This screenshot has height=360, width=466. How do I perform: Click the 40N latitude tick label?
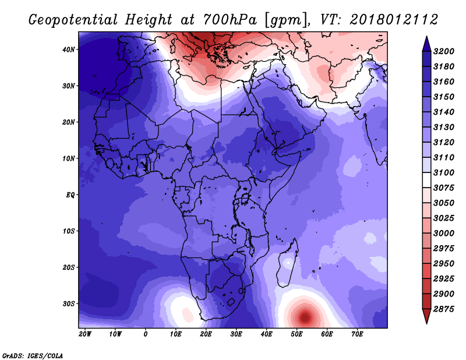click(x=68, y=50)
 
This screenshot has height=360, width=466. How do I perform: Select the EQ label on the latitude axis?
click(x=70, y=195)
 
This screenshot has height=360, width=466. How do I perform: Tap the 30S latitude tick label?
click(x=68, y=304)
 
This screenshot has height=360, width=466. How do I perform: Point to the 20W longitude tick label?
click(x=85, y=334)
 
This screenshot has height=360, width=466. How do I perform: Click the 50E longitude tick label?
click(x=296, y=334)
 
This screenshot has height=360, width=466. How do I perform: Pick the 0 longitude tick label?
click(x=145, y=334)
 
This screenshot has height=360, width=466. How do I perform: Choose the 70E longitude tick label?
click(x=357, y=334)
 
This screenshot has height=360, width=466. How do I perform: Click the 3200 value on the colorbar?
click(x=444, y=51)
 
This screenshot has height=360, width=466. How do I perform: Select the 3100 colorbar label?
click(x=444, y=172)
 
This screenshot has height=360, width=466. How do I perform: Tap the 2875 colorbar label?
click(x=444, y=309)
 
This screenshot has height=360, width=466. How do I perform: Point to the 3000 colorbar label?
click(x=444, y=233)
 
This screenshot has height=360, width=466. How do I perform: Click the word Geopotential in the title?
click(x=73, y=20)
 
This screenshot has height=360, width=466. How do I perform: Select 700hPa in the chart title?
click(x=230, y=20)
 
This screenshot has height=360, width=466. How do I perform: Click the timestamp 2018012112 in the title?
click(x=394, y=19)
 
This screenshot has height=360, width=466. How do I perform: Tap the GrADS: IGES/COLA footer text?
click(x=33, y=356)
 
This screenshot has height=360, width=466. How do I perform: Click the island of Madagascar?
click(x=287, y=264)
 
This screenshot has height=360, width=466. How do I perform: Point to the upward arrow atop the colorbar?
click(x=426, y=44)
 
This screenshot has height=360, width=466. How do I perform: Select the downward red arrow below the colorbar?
click(x=426, y=316)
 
